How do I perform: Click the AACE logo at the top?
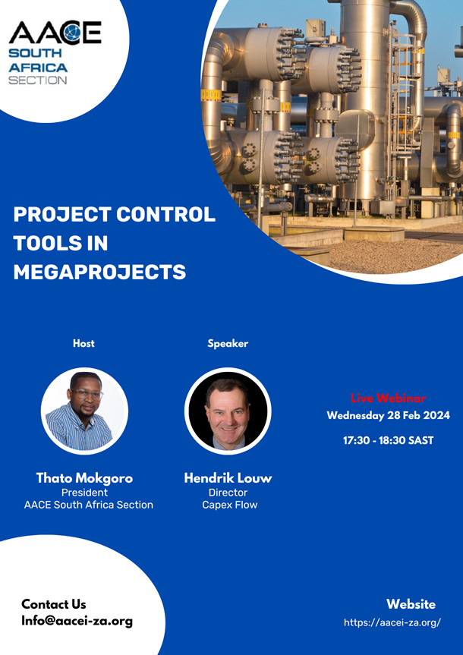[54, 33]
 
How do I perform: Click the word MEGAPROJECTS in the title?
[99, 272]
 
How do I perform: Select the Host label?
[83, 344]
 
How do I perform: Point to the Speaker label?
[228, 344]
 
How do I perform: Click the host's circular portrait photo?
[84, 411]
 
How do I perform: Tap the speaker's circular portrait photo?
[228, 411]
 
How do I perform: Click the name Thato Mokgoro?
[84, 478]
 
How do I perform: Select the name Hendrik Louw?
[228, 478]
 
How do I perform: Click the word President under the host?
[84, 493]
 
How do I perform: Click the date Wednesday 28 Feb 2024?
[388, 415]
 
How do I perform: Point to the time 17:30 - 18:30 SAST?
[388, 440]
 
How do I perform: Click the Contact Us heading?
[54, 604]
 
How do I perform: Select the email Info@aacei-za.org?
[77, 621]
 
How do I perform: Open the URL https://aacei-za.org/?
[392, 622]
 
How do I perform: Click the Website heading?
[411, 604]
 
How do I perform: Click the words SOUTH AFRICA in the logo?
[38, 61]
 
